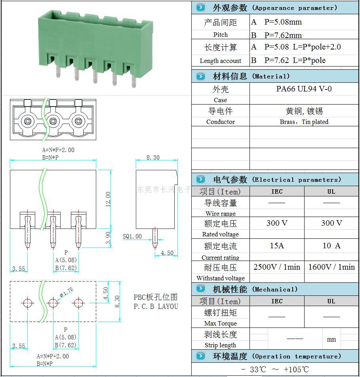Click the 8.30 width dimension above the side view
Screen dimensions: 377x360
pos(153,157)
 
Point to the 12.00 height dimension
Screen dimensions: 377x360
pos(108,199)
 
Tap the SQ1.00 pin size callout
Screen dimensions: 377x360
pos(132,236)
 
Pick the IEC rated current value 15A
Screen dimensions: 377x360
pos(277,246)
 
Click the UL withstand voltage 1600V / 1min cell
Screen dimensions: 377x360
pos(331,267)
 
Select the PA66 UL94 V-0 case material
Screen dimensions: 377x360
pos(304,89)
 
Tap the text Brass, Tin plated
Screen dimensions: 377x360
pos(304,122)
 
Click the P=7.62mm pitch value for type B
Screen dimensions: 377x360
pos(283,35)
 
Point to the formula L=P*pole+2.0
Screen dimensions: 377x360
pos(317,47)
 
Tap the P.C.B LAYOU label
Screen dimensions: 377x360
pos(156,306)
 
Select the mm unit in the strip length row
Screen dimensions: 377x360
pos(331,339)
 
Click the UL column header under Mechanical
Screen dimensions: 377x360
pos(331,301)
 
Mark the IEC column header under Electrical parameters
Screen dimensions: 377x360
pos(277,192)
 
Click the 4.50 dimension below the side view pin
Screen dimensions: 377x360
pos(166,253)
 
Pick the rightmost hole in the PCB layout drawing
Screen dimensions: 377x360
pos(78,303)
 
